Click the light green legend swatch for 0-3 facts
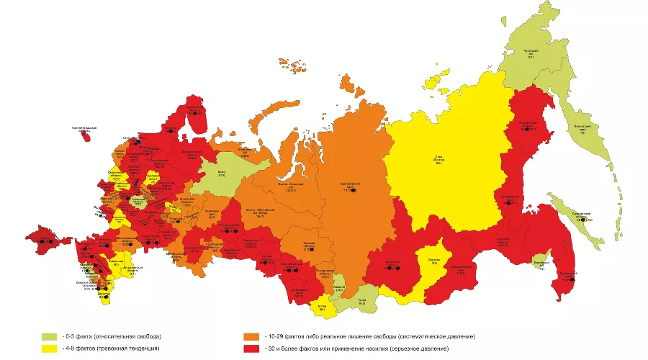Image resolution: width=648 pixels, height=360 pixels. tap(48, 336)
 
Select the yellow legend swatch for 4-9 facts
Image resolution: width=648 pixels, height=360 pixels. tap(48, 348)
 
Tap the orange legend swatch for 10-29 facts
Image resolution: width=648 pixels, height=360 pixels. tap(251, 336)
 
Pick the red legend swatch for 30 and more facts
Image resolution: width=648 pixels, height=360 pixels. tap(251, 348)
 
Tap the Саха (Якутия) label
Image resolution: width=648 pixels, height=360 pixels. tap(438, 158)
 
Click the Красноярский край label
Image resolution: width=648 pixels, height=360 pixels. tap(350, 187)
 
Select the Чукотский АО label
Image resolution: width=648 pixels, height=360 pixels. tap(530, 53)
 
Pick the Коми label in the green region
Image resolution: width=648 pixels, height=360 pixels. tap(221, 174)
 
